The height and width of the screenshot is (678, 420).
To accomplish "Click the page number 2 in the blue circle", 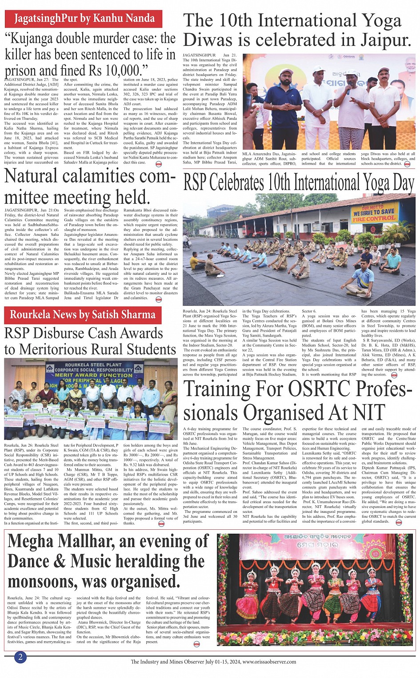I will click(x=20, y=657).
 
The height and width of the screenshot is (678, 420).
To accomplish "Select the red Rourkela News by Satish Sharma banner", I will click(x=83, y=315).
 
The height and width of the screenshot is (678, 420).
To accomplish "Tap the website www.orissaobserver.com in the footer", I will click(x=269, y=662).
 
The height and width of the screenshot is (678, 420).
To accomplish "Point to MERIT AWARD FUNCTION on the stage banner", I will click(x=87, y=375).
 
